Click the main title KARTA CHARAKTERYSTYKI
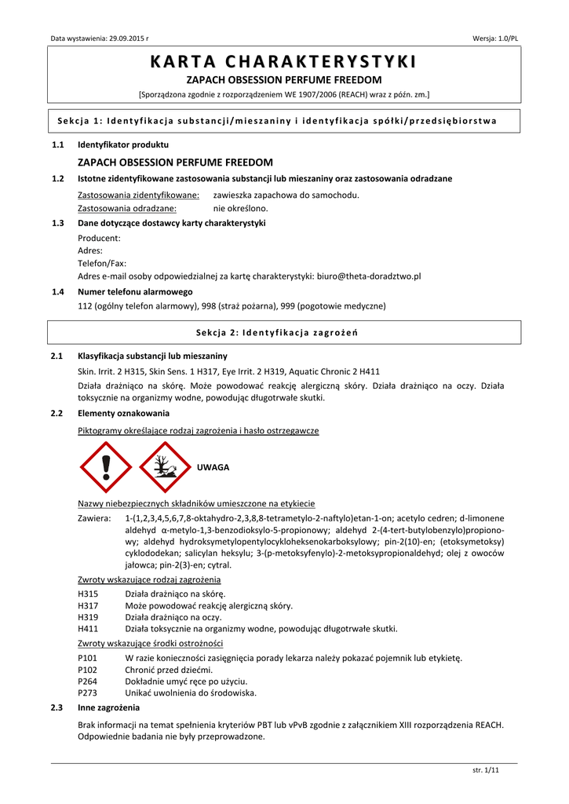tap(284, 62)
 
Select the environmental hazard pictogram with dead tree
tap(164, 466)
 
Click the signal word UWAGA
tap(213, 467)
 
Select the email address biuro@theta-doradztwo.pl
tap(369, 276)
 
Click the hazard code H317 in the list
tap(88, 605)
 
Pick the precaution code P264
tap(88, 681)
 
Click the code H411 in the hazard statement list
tap(88, 628)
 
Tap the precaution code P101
tap(88, 658)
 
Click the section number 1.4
tap(57, 291)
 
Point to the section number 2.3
tap(57, 707)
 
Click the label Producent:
tap(99, 238)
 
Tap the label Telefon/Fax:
tap(102, 264)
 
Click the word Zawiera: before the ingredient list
tap(94, 518)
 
